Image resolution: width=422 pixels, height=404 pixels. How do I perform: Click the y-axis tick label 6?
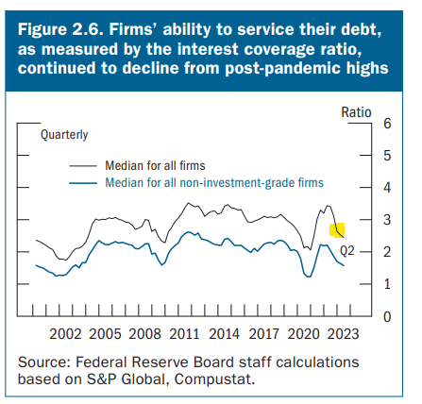(387, 125)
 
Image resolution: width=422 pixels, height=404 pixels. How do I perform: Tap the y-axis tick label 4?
(387, 189)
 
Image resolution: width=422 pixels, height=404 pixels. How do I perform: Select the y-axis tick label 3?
(387, 221)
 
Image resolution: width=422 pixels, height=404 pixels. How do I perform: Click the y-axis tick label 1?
(387, 284)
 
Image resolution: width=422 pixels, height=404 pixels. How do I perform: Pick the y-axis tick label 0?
(387, 316)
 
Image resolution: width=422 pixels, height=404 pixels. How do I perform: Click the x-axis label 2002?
(65, 333)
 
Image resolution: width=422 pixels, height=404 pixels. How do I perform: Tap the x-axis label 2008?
(144, 333)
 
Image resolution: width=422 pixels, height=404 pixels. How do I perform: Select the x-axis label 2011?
(184, 333)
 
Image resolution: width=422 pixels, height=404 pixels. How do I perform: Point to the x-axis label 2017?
(263, 333)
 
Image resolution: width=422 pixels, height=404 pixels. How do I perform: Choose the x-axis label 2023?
(343, 333)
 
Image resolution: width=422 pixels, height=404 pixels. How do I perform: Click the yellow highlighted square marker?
(337, 229)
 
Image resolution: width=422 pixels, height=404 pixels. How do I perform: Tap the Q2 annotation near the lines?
(346, 250)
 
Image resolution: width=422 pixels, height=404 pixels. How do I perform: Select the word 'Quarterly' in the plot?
(64, 135)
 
